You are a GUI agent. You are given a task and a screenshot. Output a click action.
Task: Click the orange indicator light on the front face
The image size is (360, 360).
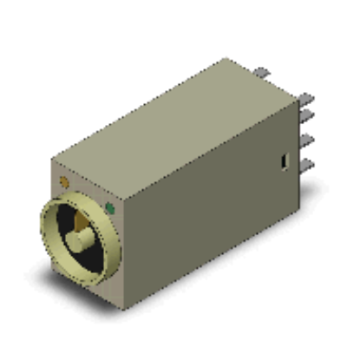(x=63, y=181)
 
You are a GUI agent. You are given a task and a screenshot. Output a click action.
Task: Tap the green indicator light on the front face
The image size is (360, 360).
(x=109, y=208)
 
